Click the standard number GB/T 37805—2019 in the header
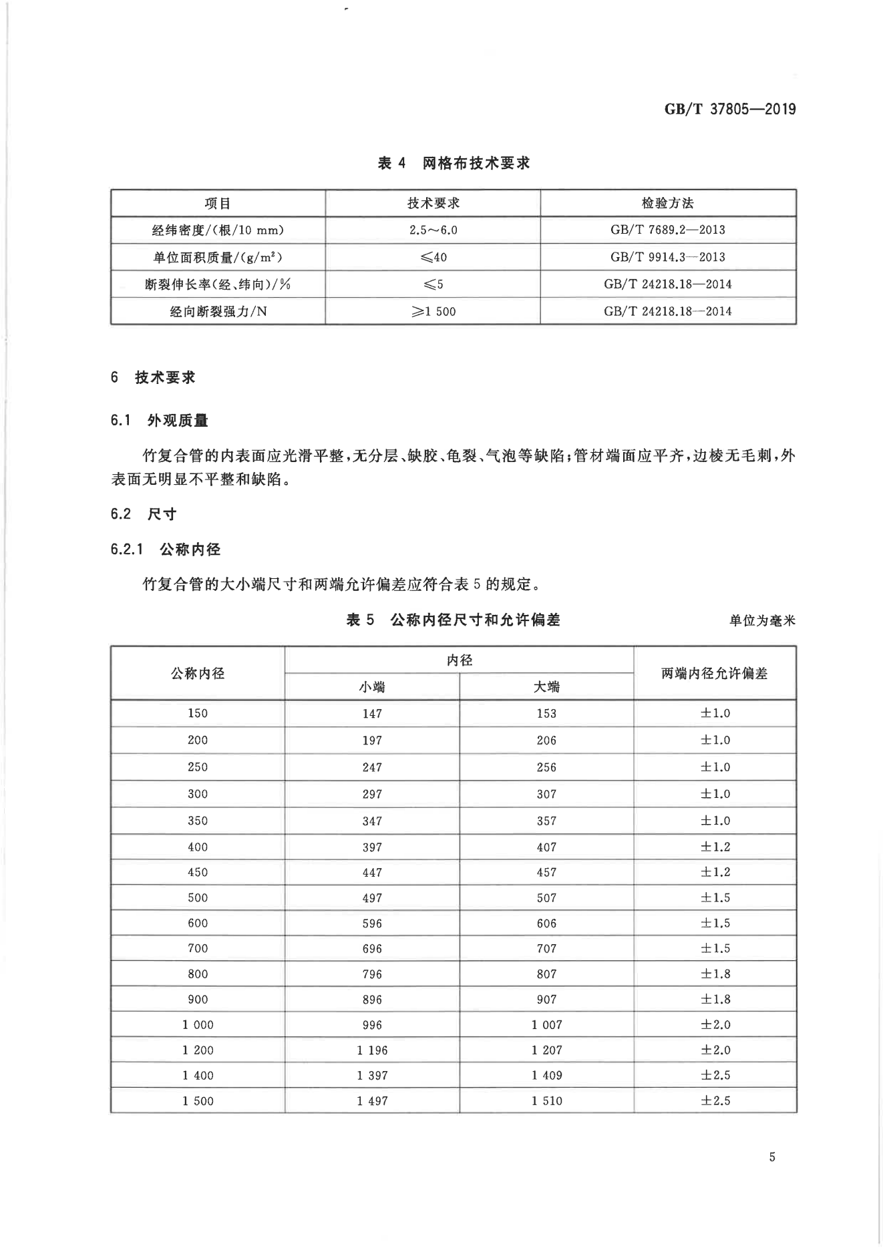coord(729,110)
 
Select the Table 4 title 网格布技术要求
coord(454,163)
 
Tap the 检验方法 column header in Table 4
coord(667,203)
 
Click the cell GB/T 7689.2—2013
coord(667,230)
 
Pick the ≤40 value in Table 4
coord(433,257)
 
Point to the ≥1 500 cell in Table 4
coord(433,311)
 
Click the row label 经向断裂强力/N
coord(218,311)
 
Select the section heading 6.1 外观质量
coord(160,421)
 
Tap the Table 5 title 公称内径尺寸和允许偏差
coord(453,620)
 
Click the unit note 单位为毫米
coord(762,620)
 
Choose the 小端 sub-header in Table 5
coord(372,686)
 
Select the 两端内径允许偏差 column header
coord(715,673)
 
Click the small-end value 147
coord(372,713)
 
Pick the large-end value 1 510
coord(546,1100)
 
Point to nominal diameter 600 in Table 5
coord(198,923)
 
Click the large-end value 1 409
coord(546,1075)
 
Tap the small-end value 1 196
coord(372,1050)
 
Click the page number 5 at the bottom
coord(772,1157)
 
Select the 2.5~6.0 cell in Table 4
coord(433,230)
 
